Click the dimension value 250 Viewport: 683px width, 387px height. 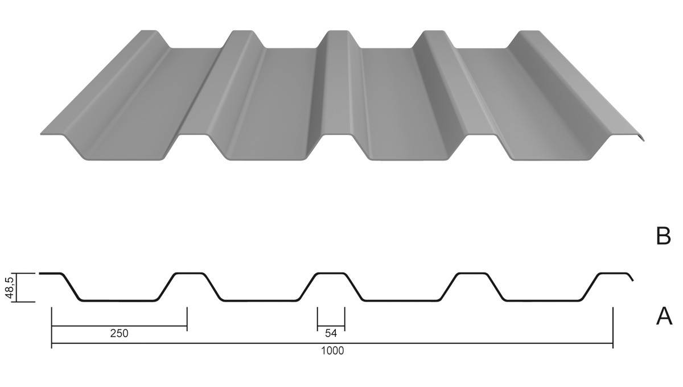pos(119,334)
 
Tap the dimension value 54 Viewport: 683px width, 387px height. pos(331,334)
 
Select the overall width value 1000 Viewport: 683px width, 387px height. pos(332,351)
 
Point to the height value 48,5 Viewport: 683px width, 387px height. pos(10,287)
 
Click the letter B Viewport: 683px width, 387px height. pos(664,236)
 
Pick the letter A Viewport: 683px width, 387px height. pos(664,316)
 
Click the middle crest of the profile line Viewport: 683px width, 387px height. pos(331,273)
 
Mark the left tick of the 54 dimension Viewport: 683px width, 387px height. pos(318,319)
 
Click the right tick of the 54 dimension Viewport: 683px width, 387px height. pos(344,319)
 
